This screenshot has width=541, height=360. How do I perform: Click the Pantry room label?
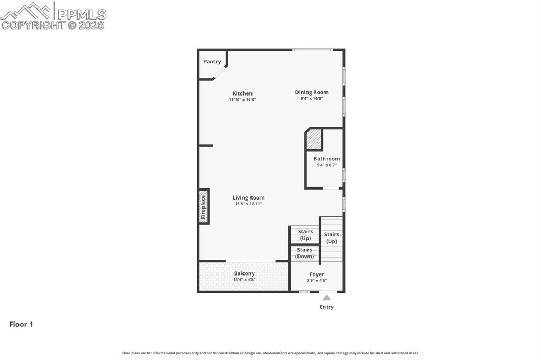212,62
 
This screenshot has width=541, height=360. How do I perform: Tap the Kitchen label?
242,93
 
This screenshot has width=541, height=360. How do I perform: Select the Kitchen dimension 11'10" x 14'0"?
242,100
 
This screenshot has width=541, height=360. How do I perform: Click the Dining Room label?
311,92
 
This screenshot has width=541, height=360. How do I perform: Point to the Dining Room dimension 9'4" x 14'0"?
311,99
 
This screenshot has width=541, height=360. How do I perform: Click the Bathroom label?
327,159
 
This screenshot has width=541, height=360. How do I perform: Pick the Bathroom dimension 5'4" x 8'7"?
327,165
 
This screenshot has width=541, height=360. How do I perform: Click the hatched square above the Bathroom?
314,140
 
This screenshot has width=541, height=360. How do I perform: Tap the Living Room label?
248,198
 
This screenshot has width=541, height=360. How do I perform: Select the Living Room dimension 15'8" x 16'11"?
248,204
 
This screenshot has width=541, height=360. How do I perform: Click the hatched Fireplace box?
203,206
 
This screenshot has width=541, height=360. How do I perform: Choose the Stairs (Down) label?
304,253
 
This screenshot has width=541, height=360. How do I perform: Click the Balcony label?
244,273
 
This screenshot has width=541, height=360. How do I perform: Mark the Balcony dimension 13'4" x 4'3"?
244,280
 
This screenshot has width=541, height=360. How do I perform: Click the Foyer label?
317,274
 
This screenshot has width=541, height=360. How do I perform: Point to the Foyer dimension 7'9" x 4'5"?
317,281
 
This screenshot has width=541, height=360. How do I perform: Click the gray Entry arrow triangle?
327,298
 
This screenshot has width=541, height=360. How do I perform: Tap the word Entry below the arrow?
327,307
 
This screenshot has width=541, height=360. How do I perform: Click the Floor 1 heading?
21,325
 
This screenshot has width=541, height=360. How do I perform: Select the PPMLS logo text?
81,14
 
